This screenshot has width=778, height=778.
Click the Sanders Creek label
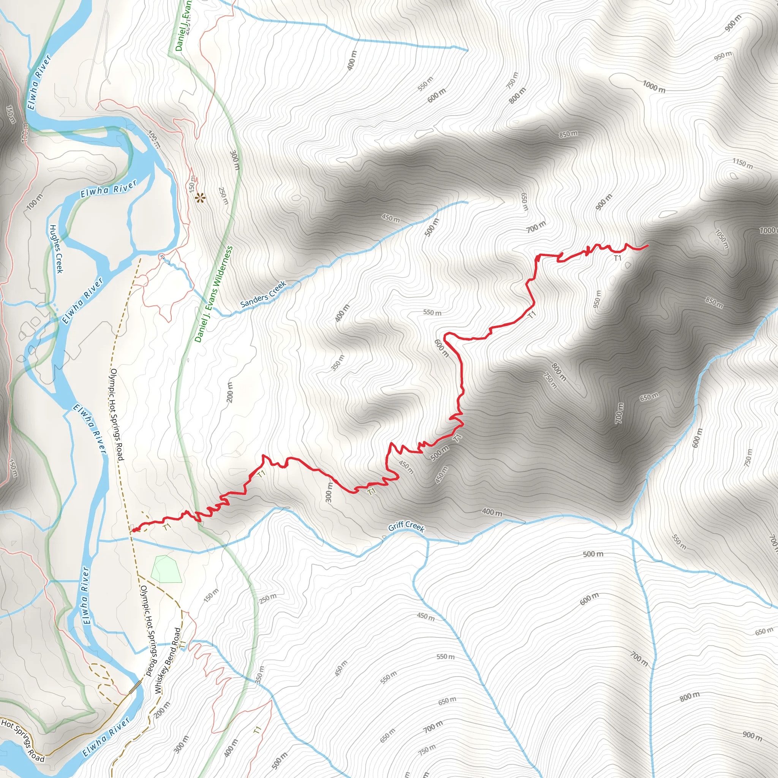263,294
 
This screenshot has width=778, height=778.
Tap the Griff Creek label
406,526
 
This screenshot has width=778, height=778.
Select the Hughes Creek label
56,249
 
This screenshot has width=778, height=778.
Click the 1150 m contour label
742,163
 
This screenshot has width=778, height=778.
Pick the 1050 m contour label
722,239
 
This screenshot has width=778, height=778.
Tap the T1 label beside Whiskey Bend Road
183,645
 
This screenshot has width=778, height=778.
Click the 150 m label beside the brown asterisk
193,183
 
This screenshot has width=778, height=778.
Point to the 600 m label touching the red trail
441,348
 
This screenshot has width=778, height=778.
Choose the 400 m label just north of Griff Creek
492,512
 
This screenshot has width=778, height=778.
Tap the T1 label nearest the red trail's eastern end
617,258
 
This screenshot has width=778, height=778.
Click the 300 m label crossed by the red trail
329,492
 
